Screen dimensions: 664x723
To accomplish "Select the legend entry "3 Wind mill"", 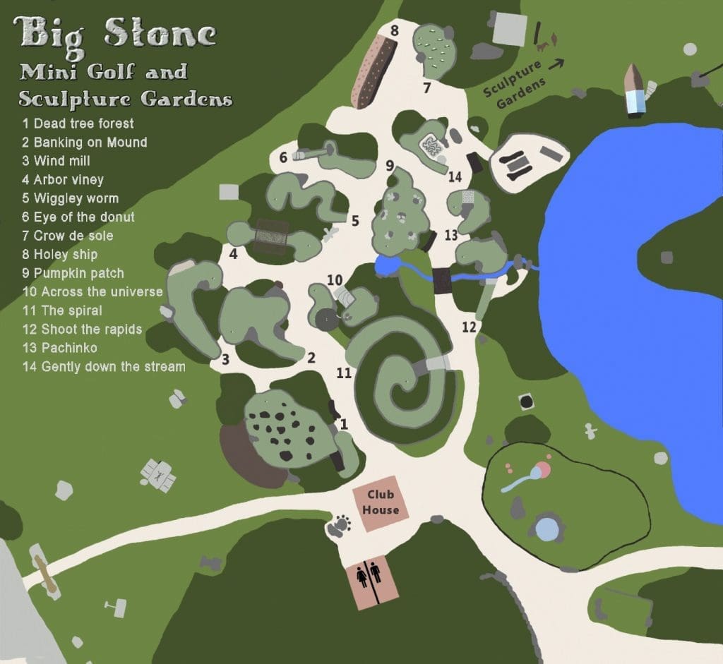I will [x=56, y=161].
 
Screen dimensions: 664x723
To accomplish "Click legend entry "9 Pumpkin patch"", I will [x=73, y=273].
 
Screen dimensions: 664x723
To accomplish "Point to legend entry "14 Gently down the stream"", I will [x=104, y=366].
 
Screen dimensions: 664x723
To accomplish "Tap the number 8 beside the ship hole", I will [x=394, y=30].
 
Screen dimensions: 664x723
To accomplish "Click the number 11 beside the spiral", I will [x=344, y=373].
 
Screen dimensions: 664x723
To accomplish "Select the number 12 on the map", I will [x=470, y=327].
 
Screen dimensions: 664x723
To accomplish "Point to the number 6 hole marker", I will [x=283, y=157].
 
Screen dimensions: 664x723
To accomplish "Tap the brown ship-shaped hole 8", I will [x=373, y=71].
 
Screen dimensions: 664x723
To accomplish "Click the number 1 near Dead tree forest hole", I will [x=344, y=423].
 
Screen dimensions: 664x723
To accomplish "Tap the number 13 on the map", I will [x=451, y=235].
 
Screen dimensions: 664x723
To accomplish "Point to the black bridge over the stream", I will [x=442, y=280].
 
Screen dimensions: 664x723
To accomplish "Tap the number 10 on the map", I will [x=335, y=279].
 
